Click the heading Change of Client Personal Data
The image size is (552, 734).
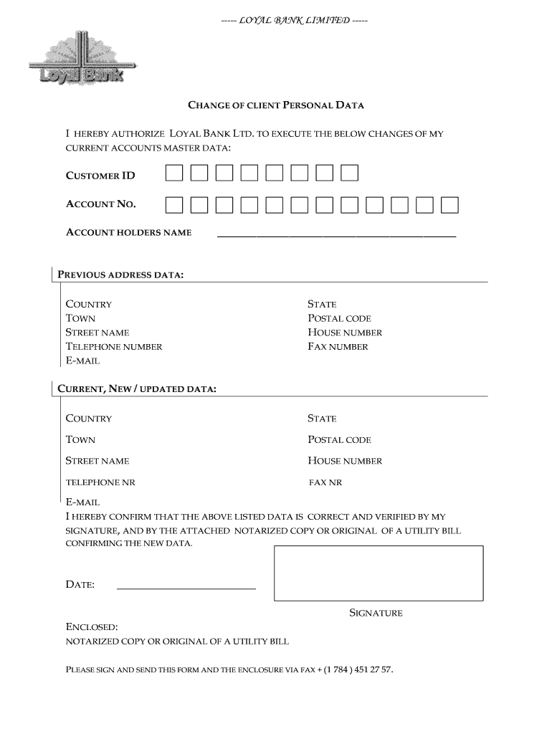click(x=276, y=105)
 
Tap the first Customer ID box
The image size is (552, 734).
click(x=173, y=173)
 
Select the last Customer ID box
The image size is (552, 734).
click(x=349, y=173)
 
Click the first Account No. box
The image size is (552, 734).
click(x=173, y=205)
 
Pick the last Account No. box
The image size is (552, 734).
click(x=449, y=205)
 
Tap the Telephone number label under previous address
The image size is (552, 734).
click(x=114, y=347)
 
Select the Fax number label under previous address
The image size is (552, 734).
click(x=338, y=347)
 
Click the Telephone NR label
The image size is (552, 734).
click(x=100, y=482)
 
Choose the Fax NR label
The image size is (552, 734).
click(x=325, y=482)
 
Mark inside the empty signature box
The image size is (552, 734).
click(x=379, y=573)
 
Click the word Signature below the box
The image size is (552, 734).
click(x=376, y=613)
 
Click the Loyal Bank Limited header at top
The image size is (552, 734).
click(x=295, y=19)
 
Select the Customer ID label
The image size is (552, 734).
click(x=100, y=176)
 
